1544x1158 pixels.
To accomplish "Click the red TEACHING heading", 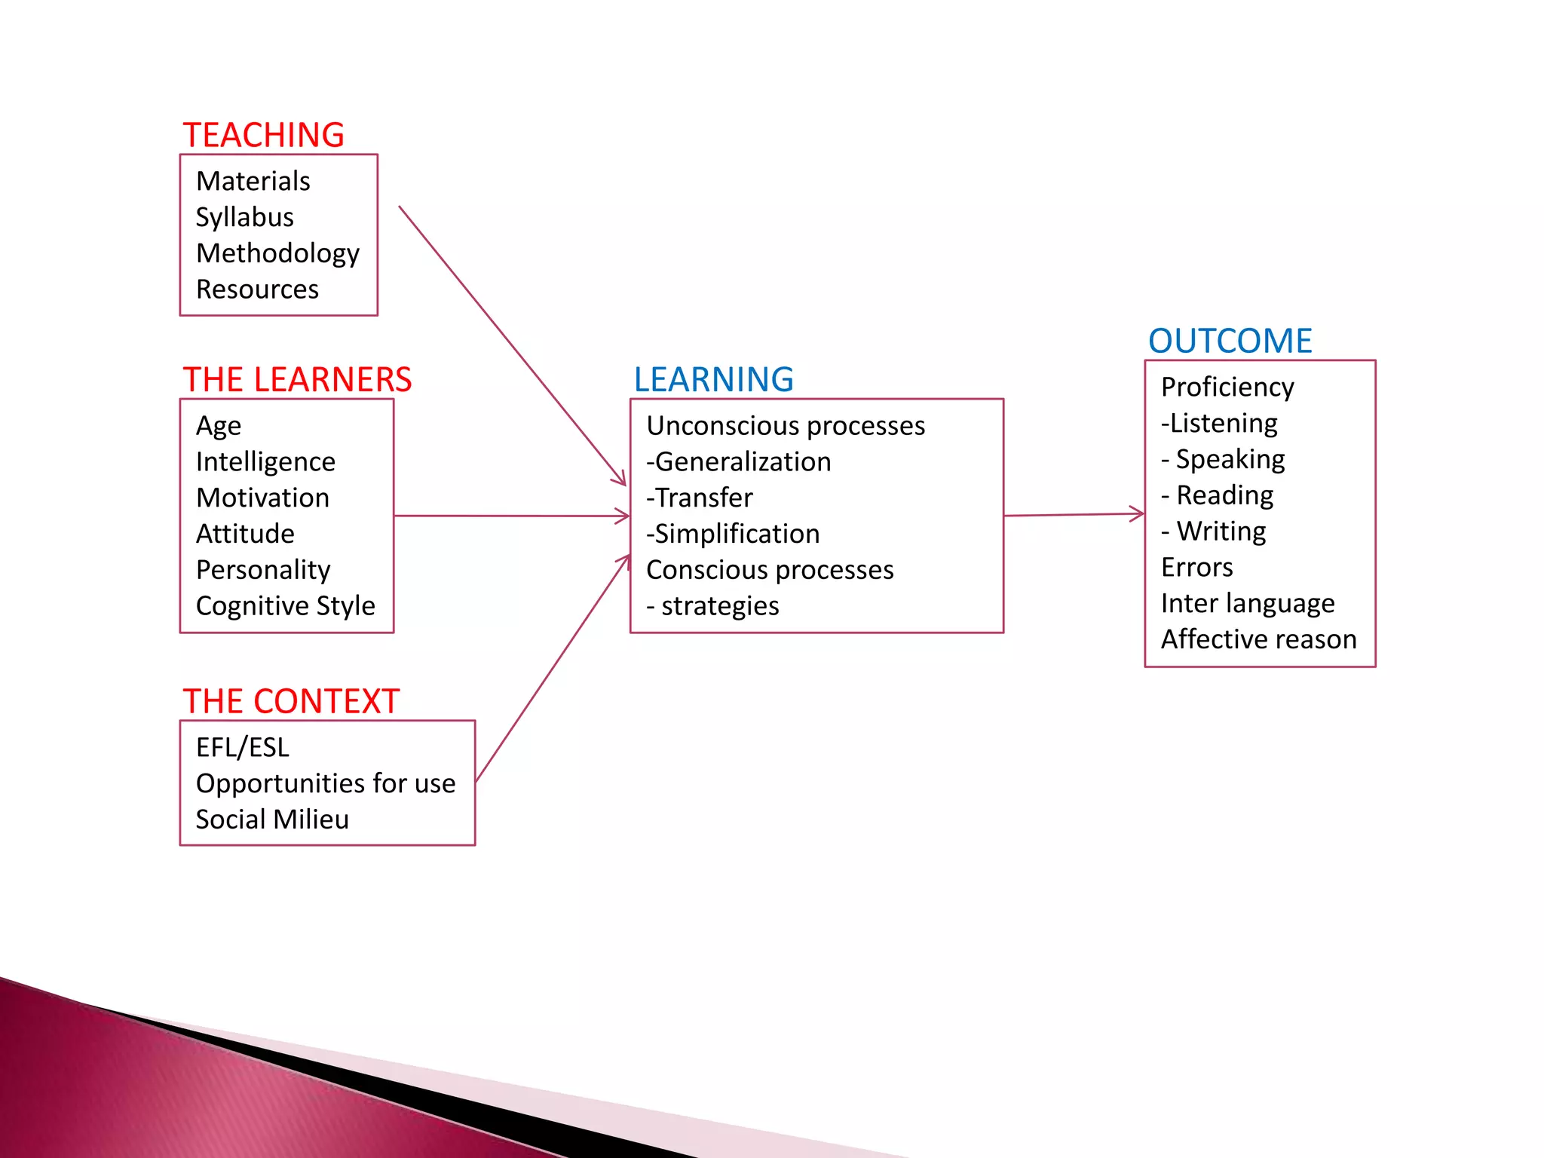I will (x=263, y=136).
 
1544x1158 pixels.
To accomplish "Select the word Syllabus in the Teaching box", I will (x=244, y=217).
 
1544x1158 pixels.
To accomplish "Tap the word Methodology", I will (x=277, y=253).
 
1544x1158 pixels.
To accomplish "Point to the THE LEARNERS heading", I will (x=297, y=379).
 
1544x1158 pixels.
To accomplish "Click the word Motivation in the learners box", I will (x=262, y=498).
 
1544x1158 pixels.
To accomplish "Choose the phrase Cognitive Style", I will (x=285, y=605).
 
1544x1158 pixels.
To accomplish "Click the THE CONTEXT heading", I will (x=291, y=701).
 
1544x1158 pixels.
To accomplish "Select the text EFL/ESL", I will (x=242, y=747).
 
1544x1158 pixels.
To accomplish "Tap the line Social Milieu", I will (x=272, y=819).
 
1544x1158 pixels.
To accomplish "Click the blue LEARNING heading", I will (x=713, y=379).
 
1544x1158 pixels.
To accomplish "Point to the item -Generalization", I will (x=738, y=461).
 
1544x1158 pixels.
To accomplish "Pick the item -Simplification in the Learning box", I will (x=733, y=534).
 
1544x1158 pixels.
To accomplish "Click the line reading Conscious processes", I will (x=770, y=570).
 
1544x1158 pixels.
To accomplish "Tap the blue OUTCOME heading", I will (x=1230, y=341).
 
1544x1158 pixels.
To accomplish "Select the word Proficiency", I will (x=1227, y=387).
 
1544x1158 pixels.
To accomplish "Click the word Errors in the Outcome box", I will (x=1196, y=567).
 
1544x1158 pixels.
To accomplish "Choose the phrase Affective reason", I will (x=1258, y=639).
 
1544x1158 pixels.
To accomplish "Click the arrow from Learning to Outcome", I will (x=1074, y=515).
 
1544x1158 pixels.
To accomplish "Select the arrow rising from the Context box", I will (x=553, y=669).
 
